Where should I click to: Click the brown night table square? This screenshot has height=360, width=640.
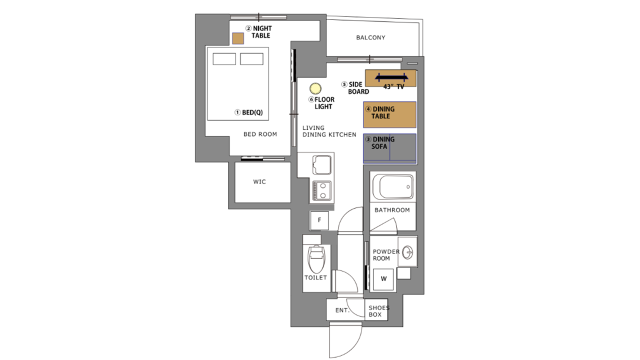(237, 38)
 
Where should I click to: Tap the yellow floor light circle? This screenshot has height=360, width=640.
(315, 88)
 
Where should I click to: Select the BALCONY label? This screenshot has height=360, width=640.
(370, 37)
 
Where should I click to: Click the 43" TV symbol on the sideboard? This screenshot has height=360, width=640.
(391, 77)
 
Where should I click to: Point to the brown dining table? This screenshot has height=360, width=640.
(389, 114)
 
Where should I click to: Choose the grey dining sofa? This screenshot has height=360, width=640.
(389, 148)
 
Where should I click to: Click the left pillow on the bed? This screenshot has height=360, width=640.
(224, 59)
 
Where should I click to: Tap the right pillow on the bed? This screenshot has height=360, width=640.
(251, 59)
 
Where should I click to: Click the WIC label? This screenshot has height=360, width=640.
(259, 181)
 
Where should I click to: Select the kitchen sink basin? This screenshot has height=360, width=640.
(322, 164)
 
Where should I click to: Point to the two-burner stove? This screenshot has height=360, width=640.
(322, 190)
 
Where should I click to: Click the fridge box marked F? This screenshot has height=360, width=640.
(319, 220)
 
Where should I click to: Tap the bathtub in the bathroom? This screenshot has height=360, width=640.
(393, 187)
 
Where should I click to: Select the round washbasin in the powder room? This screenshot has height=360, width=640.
(407, 252)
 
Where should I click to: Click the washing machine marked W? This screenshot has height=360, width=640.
(383, 279)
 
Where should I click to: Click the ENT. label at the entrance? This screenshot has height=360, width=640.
(342, 310)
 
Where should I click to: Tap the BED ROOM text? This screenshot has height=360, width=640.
(260, 134)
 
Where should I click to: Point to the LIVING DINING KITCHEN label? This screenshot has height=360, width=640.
(329, 131)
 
